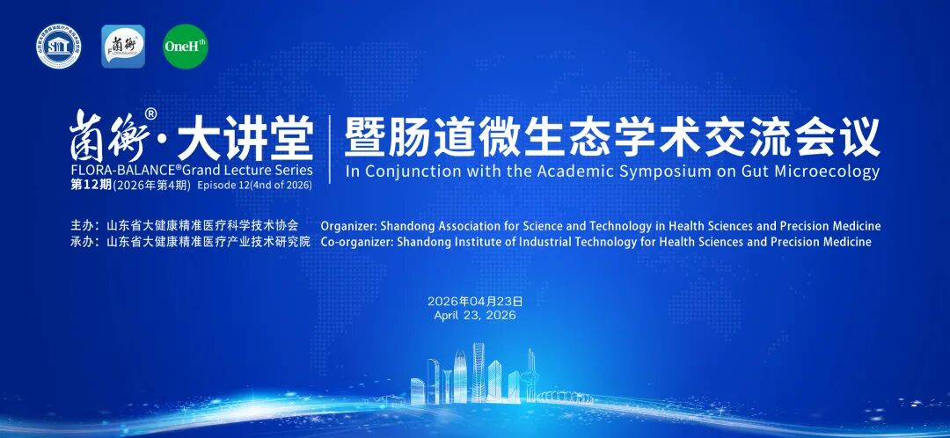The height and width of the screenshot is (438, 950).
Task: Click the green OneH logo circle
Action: [186, 47]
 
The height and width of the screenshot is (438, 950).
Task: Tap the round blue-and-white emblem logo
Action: [58, 47]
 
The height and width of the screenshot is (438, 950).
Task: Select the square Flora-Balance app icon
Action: [123, 47]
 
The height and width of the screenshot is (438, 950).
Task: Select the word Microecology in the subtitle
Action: [829, 172]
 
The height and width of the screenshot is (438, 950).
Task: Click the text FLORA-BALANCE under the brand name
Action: [116, 169]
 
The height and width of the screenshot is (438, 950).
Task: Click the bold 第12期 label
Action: [91, 186]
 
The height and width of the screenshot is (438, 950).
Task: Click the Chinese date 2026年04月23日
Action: [475, 301]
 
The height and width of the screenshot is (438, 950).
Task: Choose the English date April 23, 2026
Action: [475, 315]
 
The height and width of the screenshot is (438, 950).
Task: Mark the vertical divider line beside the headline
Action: [330, 149]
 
